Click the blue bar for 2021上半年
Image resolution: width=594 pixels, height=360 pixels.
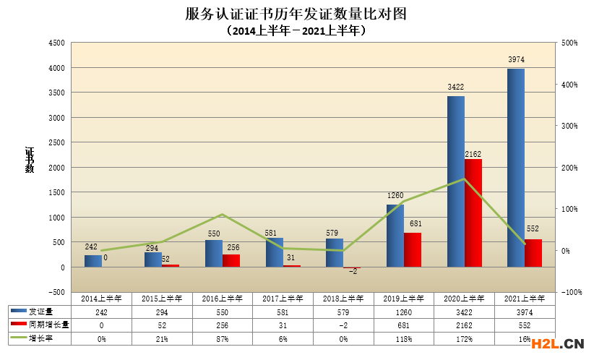click(x=515, y=168)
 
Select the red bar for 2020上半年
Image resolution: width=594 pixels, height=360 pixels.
click(x=473, y=213)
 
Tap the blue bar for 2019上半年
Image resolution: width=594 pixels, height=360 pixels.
click(x=395, y=236)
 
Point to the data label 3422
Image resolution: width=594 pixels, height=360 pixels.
click(x=456, y=87)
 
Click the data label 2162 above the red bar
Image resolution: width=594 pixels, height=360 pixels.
click(x=473, y=154)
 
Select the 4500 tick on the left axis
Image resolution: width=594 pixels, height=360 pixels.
click(x=56, y=43)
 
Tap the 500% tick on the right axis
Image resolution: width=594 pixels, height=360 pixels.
click(x=570, y=43)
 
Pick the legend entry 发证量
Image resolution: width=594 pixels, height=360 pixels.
click(x=44, y=310)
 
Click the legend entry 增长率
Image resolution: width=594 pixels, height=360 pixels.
click(x=44, y=338)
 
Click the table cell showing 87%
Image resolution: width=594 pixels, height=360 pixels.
click(x=223, y=338)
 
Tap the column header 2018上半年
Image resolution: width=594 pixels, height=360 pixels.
click(x=343, y=297)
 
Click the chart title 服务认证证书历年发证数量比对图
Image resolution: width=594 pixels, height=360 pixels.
click(x=296, y=14)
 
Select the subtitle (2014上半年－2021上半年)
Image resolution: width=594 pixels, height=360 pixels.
click(x=296, y=31)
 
